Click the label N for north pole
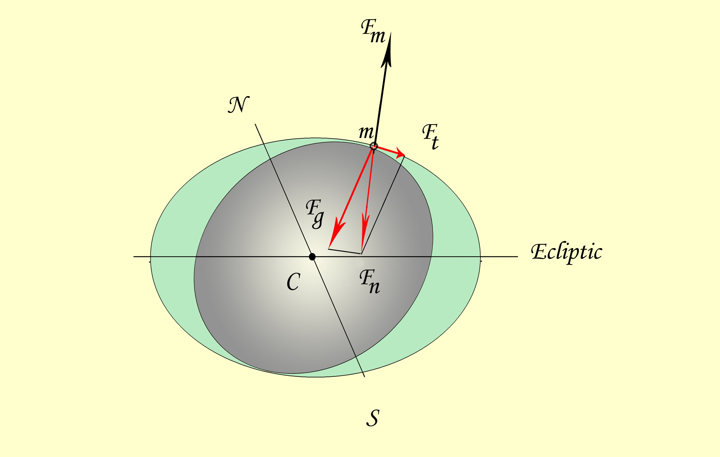coord(239,104)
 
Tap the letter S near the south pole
coord(373,418)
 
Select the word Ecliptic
coord(567,253)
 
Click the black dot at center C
coord(312,257)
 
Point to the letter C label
coord(293,282)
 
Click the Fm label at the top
coord(373,31)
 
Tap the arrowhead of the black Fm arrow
coord(387,49)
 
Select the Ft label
coord(431,136)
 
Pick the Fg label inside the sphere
coord(315,214)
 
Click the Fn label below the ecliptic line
coord(369,281)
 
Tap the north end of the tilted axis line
coord(255,124)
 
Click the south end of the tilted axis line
coord(365,377)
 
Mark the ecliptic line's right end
coord(518,257)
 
